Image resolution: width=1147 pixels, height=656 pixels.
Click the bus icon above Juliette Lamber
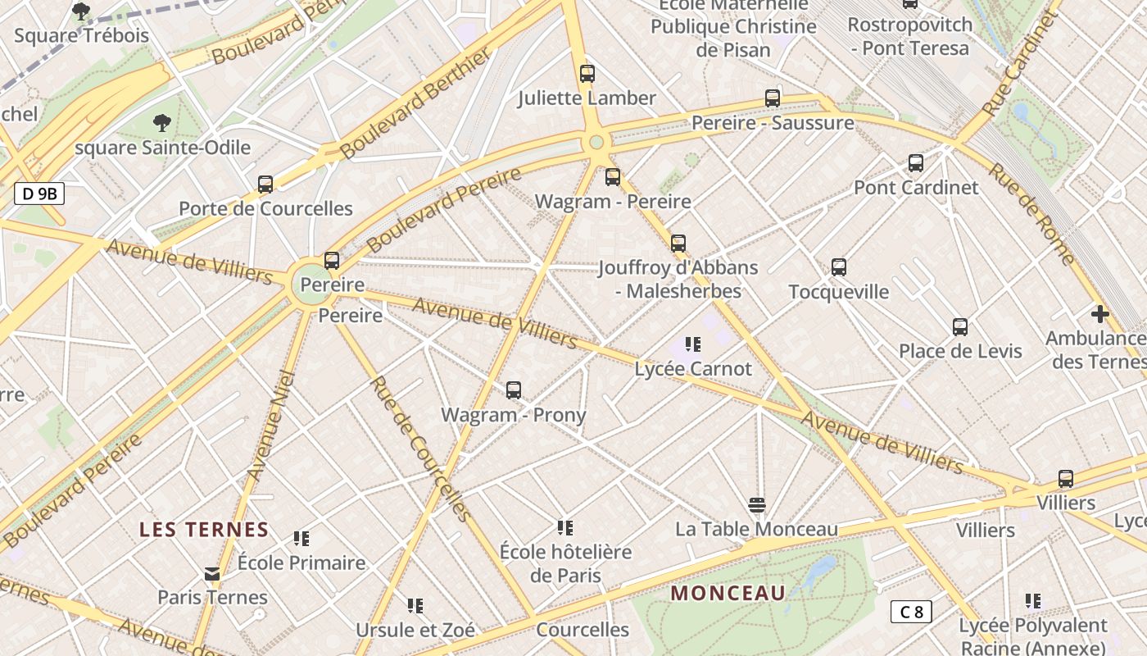point(587,73)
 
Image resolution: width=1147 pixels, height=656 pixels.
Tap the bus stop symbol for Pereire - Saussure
point(772,98)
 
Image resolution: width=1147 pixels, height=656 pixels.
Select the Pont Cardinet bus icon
point(915,163)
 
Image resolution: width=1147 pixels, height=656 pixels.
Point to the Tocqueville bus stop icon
point(838,266)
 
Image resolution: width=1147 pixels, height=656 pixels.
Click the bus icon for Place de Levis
point(959,327)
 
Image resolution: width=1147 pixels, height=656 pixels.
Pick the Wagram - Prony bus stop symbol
point(513,390)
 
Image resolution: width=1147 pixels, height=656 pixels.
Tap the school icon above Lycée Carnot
point(693,344)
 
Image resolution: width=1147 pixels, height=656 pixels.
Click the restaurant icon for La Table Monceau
point(756,504)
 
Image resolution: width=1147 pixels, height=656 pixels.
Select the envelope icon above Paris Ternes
point(212,573)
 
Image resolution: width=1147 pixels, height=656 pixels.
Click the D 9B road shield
point(39,194)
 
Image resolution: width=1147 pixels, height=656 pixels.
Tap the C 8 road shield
point(911,612)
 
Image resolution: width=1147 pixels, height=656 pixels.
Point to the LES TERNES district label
point(204,529)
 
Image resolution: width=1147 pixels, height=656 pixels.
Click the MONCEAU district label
point(728,593)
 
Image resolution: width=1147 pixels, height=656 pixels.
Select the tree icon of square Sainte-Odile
point(162,124)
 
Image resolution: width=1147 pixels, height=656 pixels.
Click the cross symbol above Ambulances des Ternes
point(1099,313)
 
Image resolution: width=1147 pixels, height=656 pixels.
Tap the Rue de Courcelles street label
point(420,448)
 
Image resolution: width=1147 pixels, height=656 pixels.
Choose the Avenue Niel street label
point(271,426)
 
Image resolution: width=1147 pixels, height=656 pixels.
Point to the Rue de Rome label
point(1031,213)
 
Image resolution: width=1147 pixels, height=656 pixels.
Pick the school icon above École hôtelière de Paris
point(564,527)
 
